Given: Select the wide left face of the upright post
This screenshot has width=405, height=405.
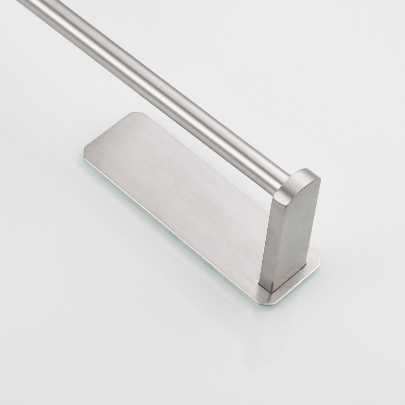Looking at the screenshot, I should pyautogui.click(x=279, y=239).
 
